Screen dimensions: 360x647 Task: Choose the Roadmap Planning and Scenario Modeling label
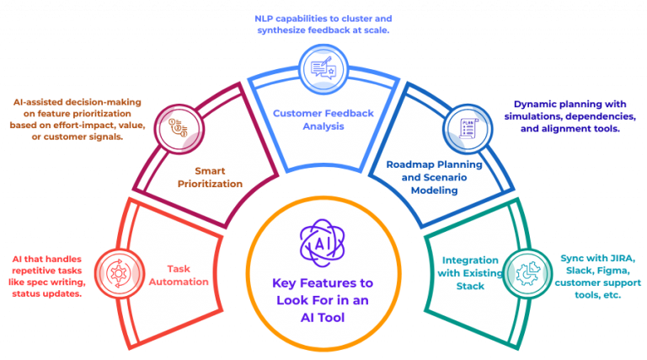(x=434, y=178)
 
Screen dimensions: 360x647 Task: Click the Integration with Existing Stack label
(x=467, y=272)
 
